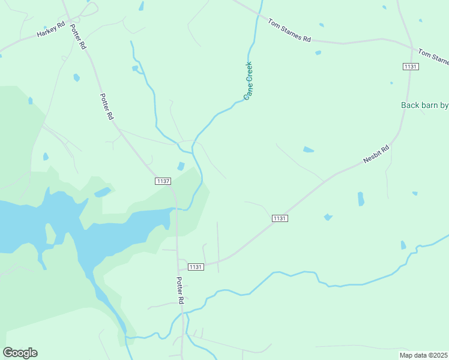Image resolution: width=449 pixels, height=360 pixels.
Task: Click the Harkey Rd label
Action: [x=50, y=30]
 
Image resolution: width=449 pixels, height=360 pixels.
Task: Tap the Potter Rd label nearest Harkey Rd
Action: [x=78, y=37]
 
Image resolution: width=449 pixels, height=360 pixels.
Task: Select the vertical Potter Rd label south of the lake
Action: [x=179, y=290]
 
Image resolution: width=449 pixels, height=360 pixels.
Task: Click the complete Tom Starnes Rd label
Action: [x=289, y=31]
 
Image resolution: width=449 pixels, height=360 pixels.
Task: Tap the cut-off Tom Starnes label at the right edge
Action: [x=433, y=57]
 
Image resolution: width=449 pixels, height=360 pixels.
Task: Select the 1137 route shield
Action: [x=163, y=181]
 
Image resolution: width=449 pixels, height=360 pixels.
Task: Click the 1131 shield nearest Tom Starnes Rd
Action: [x=411, y=66]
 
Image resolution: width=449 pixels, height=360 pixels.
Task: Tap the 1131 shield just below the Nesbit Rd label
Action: [x=280, y=218]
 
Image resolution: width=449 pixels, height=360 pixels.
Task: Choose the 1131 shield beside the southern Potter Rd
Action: [x=196, y=266]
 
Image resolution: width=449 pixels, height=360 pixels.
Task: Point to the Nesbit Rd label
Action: [x=376, y=154]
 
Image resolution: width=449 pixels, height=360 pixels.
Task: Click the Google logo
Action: [x=20, y=353]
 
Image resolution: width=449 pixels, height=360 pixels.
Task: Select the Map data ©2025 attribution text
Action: [x=423, y=355]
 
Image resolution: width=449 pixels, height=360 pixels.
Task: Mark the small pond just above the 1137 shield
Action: [x=181, y=166]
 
